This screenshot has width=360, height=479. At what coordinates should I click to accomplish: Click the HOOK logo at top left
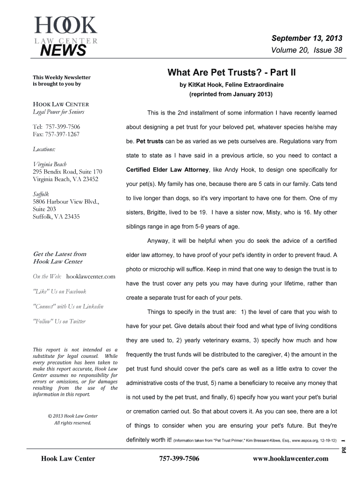(65, 25)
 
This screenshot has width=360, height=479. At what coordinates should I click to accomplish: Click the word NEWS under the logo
(63, 50)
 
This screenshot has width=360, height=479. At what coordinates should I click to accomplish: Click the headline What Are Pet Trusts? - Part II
(232, 73)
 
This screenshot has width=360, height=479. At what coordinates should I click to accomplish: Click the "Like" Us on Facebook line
(59, 291)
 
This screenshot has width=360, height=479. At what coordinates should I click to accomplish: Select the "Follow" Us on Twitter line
(59, 321)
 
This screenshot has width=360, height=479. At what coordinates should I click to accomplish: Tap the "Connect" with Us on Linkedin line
(68, 306)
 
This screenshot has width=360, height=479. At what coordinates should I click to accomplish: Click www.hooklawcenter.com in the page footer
(290, 458)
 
